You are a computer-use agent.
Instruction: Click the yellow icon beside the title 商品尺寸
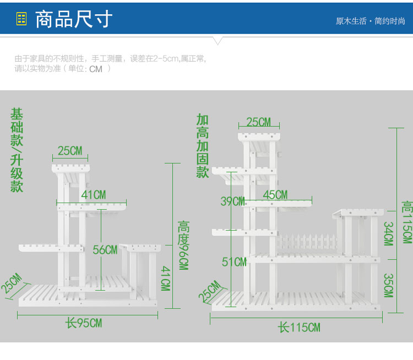[x=21, y=19]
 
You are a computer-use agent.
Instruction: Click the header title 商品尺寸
[x=74, y=19]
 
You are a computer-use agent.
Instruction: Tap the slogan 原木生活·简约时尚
[x=371, y=21]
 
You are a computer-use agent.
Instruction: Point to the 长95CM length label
[x=84, y=323]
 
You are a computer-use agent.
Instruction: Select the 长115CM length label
[x=299, y=328]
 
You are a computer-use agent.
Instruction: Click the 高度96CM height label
[x=183, y=246]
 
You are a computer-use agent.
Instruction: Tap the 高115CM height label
[x=407, y=222]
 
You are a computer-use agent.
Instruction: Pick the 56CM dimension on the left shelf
[x=105, y=250]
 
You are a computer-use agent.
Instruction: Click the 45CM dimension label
[x=275, y=195]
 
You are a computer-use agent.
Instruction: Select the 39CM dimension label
[x=232, y=201]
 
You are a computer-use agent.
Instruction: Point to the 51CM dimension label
[x=234, y=262]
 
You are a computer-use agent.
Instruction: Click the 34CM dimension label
[x=389, y=233]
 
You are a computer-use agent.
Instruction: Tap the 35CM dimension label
[x=389, y=286]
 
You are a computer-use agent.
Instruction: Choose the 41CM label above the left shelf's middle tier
[x=94, y=195]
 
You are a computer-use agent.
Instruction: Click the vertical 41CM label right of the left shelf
[x=166, y=278]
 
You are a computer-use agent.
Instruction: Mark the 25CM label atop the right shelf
[x=259, y=122]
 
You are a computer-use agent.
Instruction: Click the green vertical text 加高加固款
[x=203, y=146]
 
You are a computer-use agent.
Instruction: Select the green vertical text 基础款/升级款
[x=17, y=150]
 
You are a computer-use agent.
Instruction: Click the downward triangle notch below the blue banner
[x=218, y=41]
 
